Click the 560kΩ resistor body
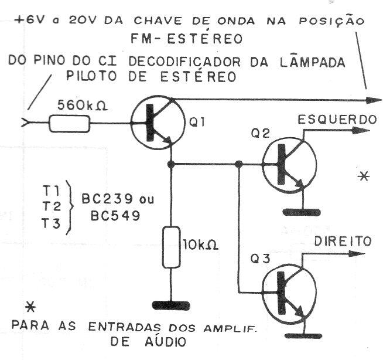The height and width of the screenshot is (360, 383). point(70,124)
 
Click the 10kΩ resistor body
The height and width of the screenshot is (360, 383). point(171,247)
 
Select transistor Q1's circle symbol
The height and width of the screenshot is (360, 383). point(158,123)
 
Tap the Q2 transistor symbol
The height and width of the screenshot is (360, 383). point(289,164)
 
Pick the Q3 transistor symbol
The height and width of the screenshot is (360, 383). point(289,293)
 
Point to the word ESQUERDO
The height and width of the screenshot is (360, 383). point(337,120)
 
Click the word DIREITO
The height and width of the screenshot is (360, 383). point(343,241)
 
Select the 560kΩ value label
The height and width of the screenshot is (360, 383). point(83,106)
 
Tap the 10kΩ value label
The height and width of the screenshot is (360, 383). point(200,244)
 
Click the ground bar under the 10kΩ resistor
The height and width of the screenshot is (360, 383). point(171,305)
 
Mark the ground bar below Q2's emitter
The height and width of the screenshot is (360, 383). point(302,212)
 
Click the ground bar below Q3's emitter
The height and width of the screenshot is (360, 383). point(303,335)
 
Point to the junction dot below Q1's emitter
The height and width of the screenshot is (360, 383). point(171,164)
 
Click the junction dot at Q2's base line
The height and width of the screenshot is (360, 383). point(238,164)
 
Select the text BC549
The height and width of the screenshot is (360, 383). point(115,216)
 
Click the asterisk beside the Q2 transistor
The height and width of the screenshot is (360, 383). point(364,176)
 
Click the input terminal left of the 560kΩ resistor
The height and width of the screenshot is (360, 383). point(25,123)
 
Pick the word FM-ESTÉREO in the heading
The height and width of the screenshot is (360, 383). point(187,39)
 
